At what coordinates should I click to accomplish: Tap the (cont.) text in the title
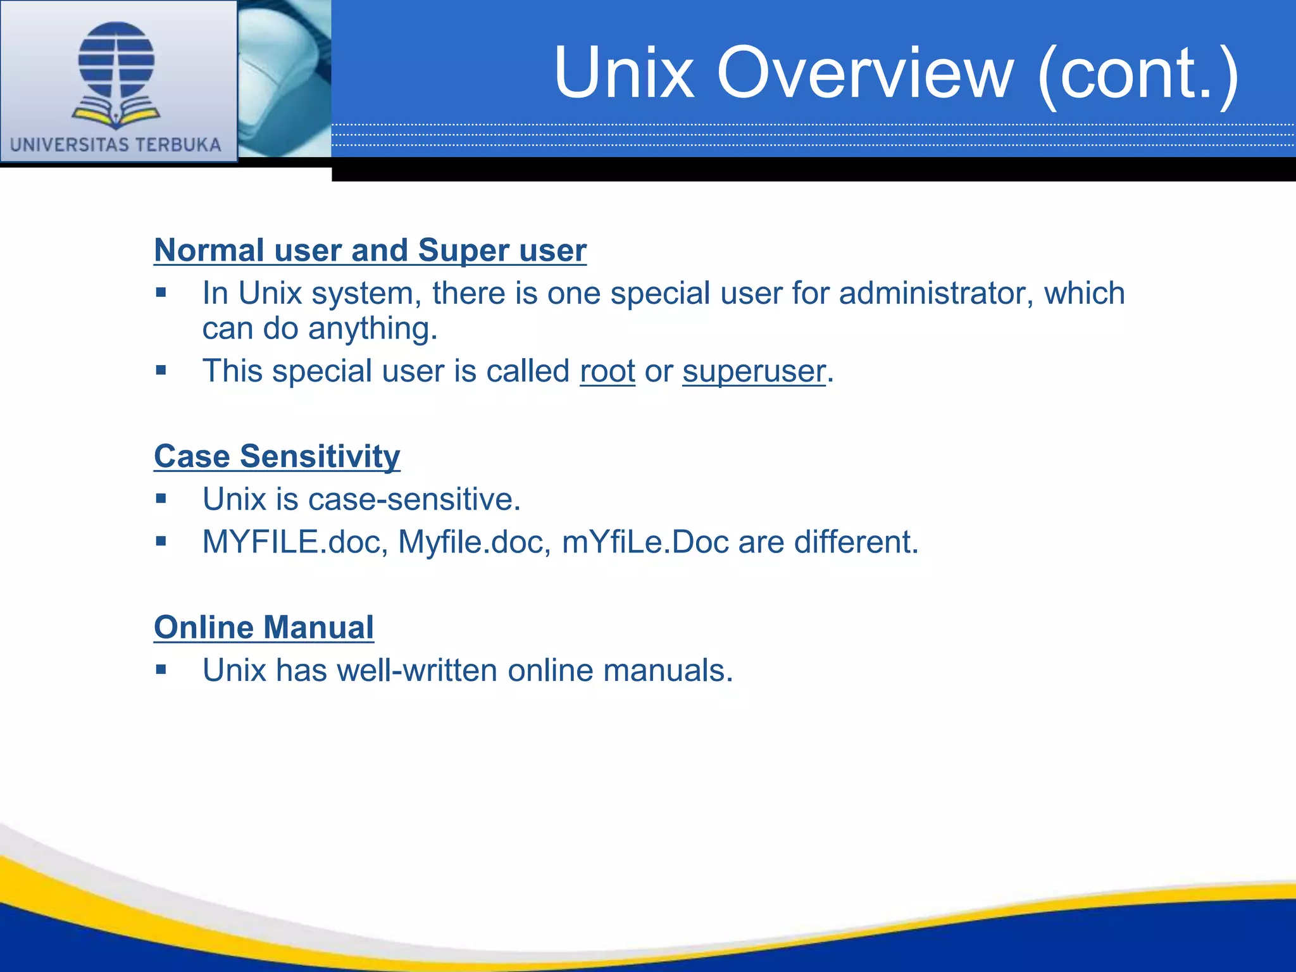(x=1137, y=75)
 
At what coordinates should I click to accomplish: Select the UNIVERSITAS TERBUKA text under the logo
(x=116, y=145)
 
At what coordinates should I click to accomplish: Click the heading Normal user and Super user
(x=370, y=250)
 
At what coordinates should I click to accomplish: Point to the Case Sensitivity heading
(x=277, y=456)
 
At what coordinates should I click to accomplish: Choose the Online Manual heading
(x=264, y=628)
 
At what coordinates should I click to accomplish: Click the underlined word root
(x=607, y=371)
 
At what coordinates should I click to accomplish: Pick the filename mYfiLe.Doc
(x=645, y=542)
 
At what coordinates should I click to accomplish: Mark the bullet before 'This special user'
(x=161, y=370)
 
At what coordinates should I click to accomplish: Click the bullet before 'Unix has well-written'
(x=161, y=670)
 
